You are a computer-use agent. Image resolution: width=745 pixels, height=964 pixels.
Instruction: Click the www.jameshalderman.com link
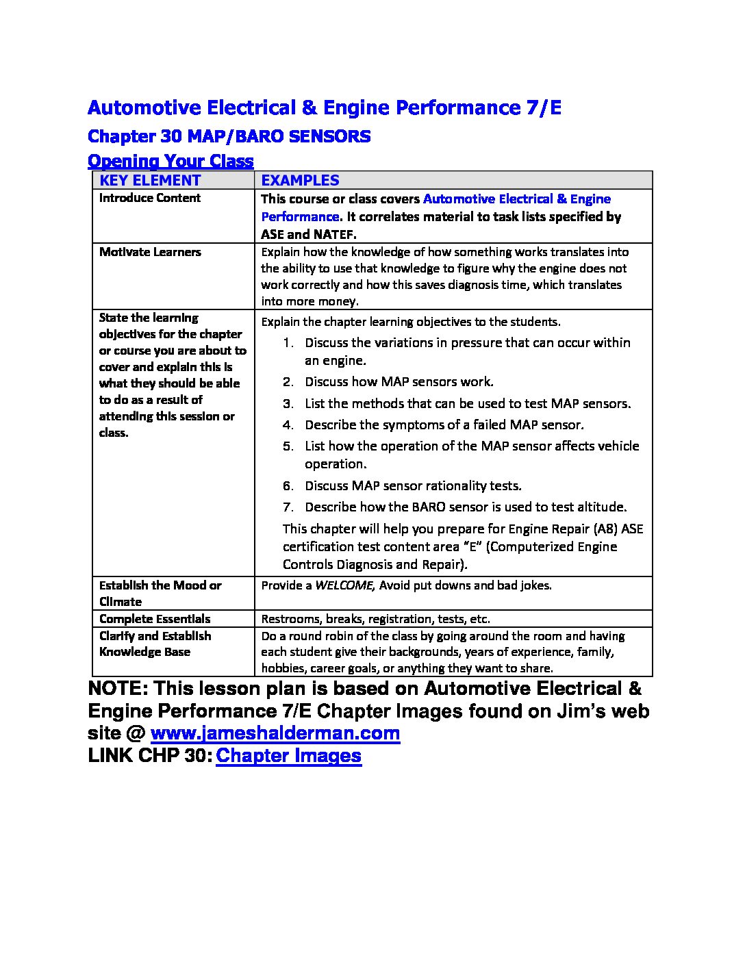tap(275, 733)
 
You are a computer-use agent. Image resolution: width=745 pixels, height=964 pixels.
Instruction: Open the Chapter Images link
tap(288, 756)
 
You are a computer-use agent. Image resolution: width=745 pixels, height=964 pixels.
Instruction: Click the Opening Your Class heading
tap(171, 161)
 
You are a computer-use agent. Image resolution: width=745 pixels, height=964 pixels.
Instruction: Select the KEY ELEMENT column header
tap(150, 180)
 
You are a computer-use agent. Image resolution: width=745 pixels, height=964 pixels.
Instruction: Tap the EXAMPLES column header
tap(300, 180)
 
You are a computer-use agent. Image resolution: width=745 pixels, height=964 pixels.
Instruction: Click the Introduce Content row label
tap(150, 198)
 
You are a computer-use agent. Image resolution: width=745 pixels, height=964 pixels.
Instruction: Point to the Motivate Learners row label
tap(150, 252)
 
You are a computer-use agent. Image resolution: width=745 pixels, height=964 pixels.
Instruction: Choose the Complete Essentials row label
tap(155, 619)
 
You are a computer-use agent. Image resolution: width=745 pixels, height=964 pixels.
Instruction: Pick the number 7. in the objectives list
tap(288, 507)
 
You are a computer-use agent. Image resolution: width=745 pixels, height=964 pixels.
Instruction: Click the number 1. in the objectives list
tap(288, 343)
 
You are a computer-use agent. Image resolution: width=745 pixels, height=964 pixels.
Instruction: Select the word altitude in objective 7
tap(601, 507)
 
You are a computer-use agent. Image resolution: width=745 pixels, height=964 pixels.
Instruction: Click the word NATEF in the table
tap(333, 234)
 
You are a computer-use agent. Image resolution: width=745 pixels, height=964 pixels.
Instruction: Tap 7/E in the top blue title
tap(541, 107)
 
